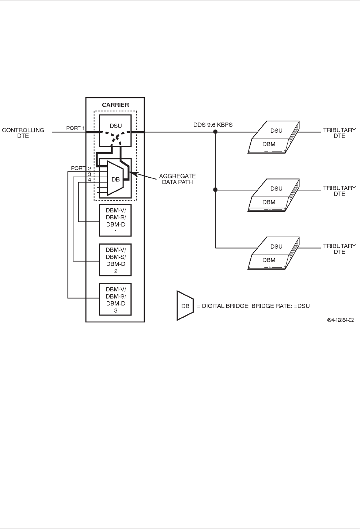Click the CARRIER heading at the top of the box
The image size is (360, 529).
(115, 105)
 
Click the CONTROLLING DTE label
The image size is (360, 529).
(23, 133)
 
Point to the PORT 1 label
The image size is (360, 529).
(75, 128)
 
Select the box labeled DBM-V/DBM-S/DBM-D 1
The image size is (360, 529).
(115, 220)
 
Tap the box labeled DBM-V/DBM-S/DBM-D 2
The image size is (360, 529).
(115, 260)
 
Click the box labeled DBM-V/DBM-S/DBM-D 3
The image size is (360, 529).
(115, 299)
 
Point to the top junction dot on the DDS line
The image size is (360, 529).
(215, 132)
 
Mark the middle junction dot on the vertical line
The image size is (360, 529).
(215, 189)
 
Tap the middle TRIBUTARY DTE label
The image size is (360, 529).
(339, 191)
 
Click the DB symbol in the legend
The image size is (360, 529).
(185, 306)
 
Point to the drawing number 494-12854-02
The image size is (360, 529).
(340, 320)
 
